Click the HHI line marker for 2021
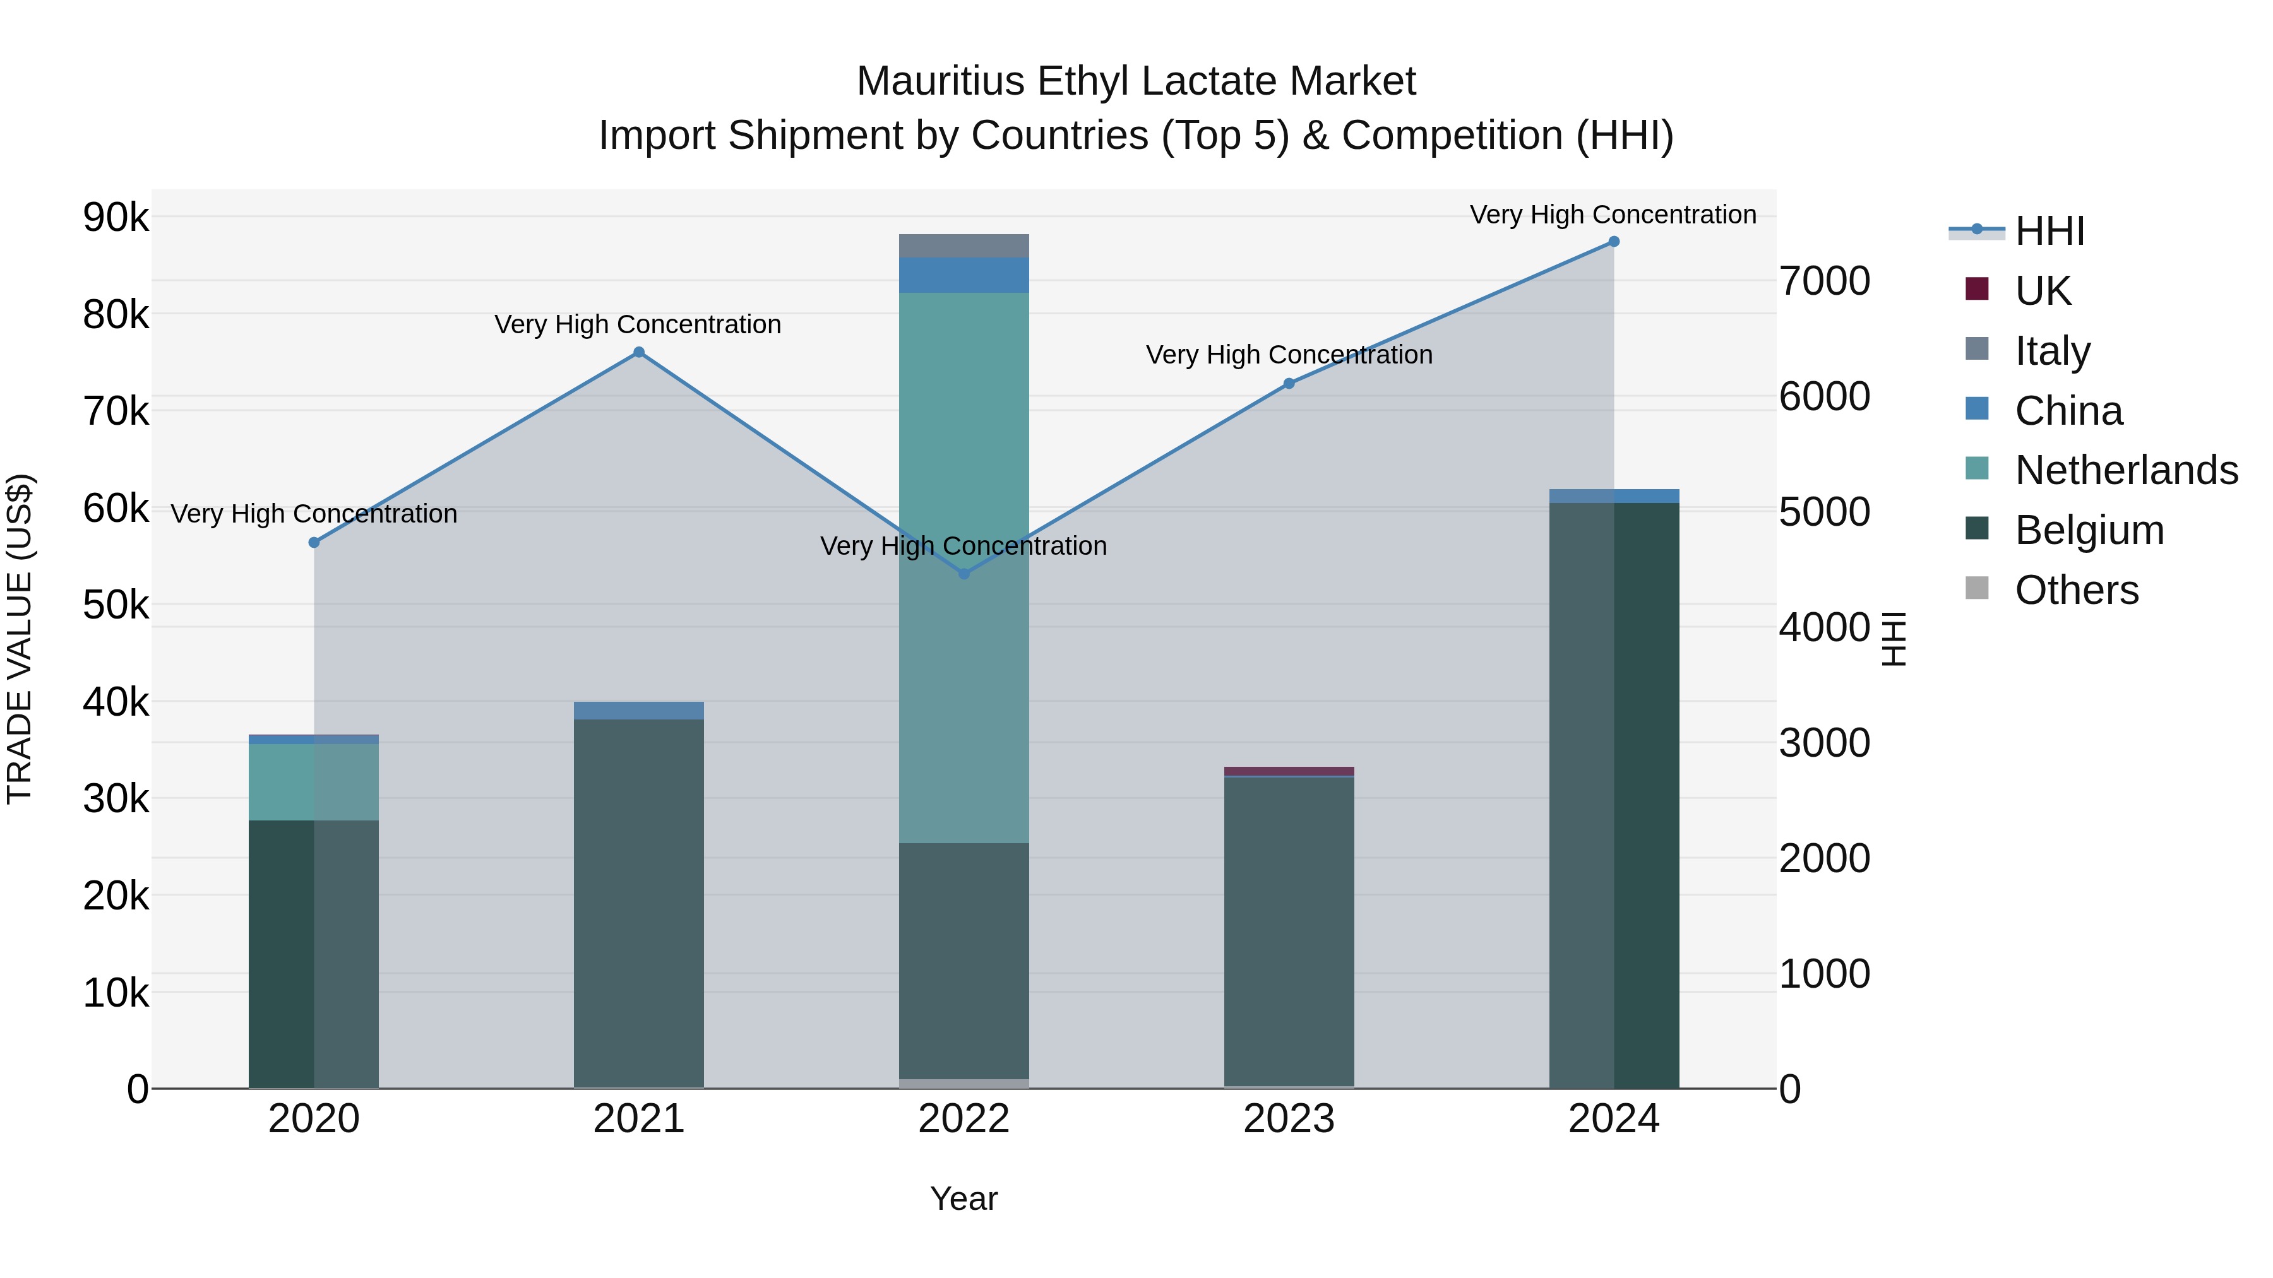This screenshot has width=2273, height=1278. coord(639,353)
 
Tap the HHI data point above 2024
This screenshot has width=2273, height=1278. coord(1614,242)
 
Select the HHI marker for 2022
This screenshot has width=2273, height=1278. coord(963,574)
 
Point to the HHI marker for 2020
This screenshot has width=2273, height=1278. coord(314,542)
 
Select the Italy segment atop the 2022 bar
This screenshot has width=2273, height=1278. coord(963,246)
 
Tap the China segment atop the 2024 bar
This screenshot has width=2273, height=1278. coord(1614,495)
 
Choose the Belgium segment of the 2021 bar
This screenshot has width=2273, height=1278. coord(639,899)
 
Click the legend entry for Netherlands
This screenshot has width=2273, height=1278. coord(2127,470)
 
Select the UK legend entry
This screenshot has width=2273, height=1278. coord(2042,290)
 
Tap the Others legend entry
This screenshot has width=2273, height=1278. coord(2076,590)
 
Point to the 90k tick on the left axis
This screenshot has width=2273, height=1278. coord(116,217)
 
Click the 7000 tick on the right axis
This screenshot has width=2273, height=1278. coord(1824,281)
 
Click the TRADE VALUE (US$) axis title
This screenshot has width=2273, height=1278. coord(20,639)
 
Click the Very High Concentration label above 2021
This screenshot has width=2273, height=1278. coord(637,324)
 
